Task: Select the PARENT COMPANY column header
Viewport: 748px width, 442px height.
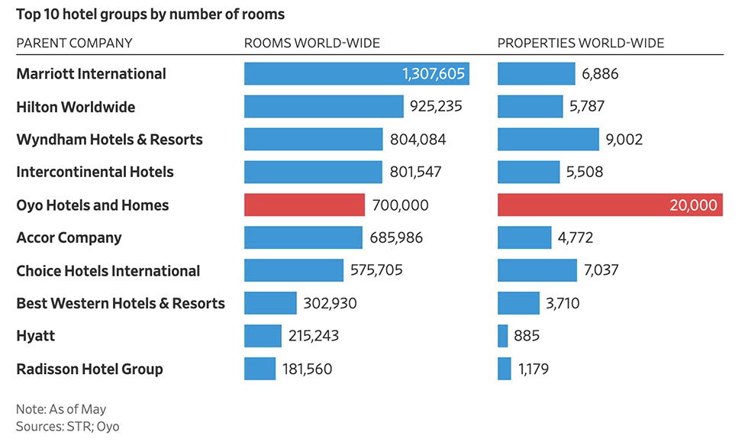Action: (74, 43)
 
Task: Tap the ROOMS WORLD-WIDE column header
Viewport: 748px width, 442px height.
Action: (311, 43)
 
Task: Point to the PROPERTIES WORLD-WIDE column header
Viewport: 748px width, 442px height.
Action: (581, 43)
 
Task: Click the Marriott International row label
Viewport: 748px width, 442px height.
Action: (91, 74)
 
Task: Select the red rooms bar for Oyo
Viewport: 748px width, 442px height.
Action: (305, 205)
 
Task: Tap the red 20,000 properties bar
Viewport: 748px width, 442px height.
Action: (610, 205)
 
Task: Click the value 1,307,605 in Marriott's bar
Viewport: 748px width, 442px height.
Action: (433, 74)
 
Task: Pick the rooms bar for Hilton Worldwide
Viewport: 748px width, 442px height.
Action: (324, 107)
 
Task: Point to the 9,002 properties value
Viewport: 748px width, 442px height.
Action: (624, 140)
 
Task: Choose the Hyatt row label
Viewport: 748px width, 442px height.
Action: (36, 336)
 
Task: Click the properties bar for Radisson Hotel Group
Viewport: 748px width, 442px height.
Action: (505, 369)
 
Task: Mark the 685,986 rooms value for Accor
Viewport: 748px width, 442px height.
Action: (397, 238)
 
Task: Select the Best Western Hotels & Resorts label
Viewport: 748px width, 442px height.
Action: (121, 304)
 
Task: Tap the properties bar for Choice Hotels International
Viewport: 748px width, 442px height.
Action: (537, 271)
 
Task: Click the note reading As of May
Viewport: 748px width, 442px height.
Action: (61, 410)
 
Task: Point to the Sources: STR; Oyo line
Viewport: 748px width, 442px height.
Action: (68, 427)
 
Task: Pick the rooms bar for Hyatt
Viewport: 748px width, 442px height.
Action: (263, 336)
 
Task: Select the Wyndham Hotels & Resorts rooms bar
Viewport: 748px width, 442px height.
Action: (313, 140)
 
